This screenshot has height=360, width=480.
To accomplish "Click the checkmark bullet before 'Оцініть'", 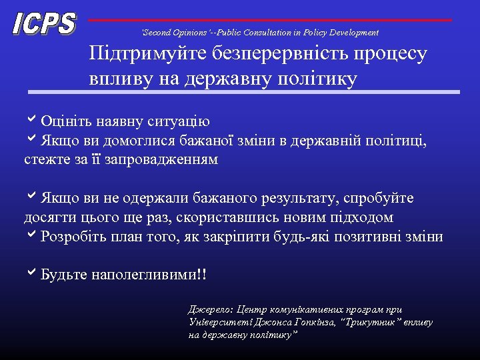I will click(31, 121).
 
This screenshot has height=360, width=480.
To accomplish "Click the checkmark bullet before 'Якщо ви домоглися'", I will click(31, 141).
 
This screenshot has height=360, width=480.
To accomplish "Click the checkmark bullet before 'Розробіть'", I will click(31, 237).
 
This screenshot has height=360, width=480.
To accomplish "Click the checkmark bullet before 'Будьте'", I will click(31, 274).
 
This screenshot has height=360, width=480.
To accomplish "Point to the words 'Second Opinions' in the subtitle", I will click(171, 32).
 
